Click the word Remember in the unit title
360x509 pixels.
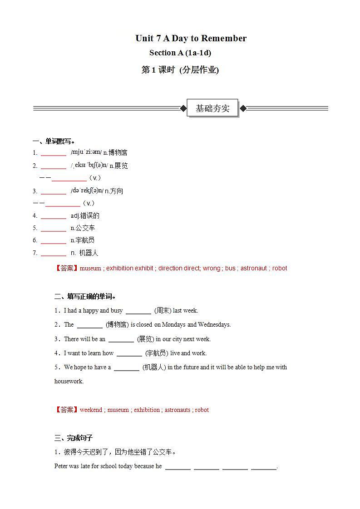point(223,38)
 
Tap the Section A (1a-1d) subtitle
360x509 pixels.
point(180,53)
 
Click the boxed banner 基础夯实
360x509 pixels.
point(212,108)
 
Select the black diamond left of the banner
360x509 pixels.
point(183,108)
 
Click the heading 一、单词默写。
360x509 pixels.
point(54,141)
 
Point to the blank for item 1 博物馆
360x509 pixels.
point(54,153)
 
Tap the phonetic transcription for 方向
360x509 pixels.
point(87,191)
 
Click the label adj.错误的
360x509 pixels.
point(85,215)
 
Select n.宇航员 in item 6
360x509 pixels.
point(83,240)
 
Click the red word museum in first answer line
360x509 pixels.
point(90,268)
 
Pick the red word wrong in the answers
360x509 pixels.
point(211,268)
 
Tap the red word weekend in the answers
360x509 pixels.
point(91,410)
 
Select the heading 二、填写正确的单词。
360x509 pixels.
point(85,297)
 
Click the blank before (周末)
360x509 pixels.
point(138,311)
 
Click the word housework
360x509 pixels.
point(69,381)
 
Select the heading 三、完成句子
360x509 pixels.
point(74,438)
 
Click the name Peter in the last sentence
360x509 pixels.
point(61,466)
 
